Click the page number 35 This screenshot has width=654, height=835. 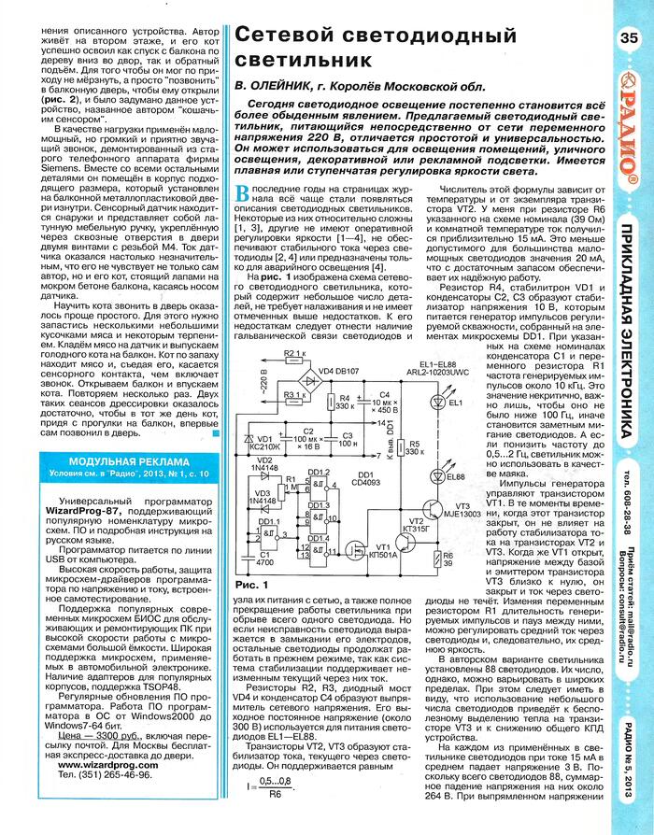pos(627,38)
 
